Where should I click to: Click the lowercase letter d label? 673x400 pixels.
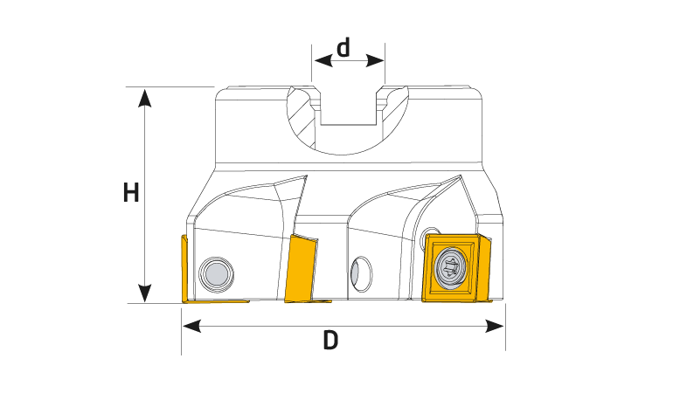[343, 47]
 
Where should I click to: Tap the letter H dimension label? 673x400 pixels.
[131, 192]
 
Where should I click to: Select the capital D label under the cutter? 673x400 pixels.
[330, 341]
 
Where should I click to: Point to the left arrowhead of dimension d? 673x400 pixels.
[323, 60]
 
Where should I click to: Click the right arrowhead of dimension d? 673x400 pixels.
[375, 60]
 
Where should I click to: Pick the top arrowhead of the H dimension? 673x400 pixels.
[144, 98]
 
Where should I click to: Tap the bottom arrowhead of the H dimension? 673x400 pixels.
[144, 293]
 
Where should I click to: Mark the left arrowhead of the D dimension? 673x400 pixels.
[192, 326]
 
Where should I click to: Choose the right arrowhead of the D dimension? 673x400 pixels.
[495, 326]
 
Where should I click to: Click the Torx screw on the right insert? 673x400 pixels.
[450, 268]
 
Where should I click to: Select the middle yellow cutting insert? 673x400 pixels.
[302, 268]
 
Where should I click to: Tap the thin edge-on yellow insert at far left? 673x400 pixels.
[185, 269]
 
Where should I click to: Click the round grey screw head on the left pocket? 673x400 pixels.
[217, 274]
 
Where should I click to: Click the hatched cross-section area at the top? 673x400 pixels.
[302, 118]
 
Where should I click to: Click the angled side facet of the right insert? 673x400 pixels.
[483, 267]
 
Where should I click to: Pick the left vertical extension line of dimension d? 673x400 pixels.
[312, 62]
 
